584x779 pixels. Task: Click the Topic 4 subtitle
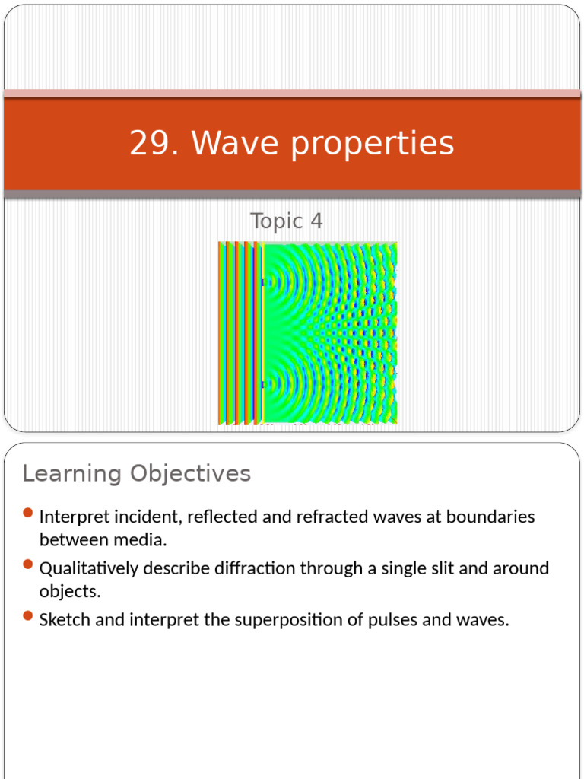click(287, 221)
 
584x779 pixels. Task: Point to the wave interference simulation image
click(308, 332)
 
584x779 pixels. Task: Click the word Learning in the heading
click(71, 474)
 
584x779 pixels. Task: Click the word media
click(142, 540)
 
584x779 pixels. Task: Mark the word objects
click(70, 592)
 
